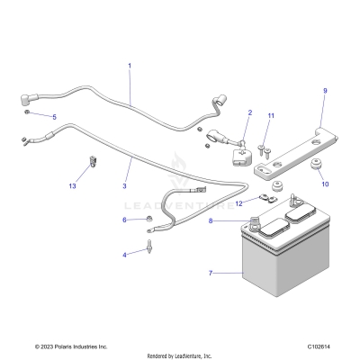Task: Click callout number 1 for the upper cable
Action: point(129,66)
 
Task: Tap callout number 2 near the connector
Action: point(249,112)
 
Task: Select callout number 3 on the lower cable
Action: point(125,187)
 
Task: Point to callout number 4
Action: point(124,255)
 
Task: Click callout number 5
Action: point(53,117)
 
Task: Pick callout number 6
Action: point(124,220)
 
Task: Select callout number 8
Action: point(210,220)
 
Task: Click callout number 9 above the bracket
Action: point(325,91)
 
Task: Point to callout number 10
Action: point(325,184)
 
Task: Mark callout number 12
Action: point(238,203)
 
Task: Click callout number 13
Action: point(72,185)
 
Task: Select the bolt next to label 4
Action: point(148,243)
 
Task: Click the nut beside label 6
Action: point(148,219)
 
